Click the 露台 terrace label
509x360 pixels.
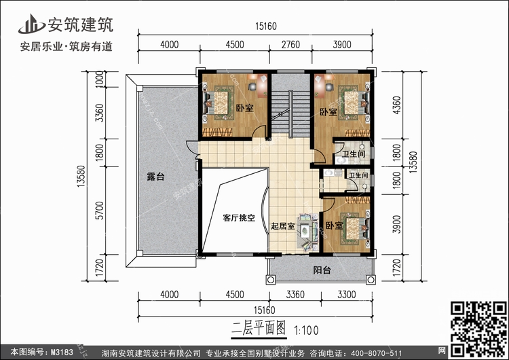click(156, 177)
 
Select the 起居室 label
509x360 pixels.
click(282, 226)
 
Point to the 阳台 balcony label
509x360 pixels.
click(322, 270)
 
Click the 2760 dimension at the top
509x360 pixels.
click(290, 46)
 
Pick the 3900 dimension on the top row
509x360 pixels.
click(342, 46)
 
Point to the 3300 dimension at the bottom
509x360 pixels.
click(347, 295)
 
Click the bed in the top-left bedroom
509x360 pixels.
click(218, 105)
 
